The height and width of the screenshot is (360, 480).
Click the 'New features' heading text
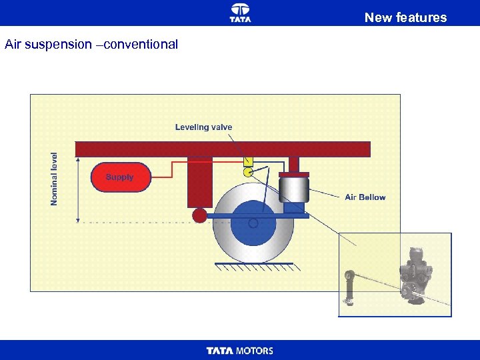(x=405, y=17)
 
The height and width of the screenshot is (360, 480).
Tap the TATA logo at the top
(x=240, y=12)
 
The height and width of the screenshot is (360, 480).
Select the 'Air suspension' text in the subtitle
(x=48, y=45)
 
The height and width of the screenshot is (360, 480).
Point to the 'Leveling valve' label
(x=203, y=127)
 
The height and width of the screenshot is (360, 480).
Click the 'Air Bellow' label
(x=365, y=197)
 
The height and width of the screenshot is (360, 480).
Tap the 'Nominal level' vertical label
(x=55, y=179)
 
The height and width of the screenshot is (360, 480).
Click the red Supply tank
(x=121, y=177)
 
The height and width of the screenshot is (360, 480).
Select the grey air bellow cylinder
(x=293, y=190)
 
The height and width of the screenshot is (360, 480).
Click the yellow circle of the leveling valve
(x=247, y=172)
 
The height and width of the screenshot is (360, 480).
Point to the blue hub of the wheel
(x=253, y=223)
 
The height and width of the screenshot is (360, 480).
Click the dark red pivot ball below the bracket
(x=199, y=215)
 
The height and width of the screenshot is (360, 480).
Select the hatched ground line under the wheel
(x=254, y=266)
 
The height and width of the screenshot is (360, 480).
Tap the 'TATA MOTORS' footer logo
(x=240, y=351)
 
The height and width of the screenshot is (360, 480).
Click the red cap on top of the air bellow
(x=293, y=175)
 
